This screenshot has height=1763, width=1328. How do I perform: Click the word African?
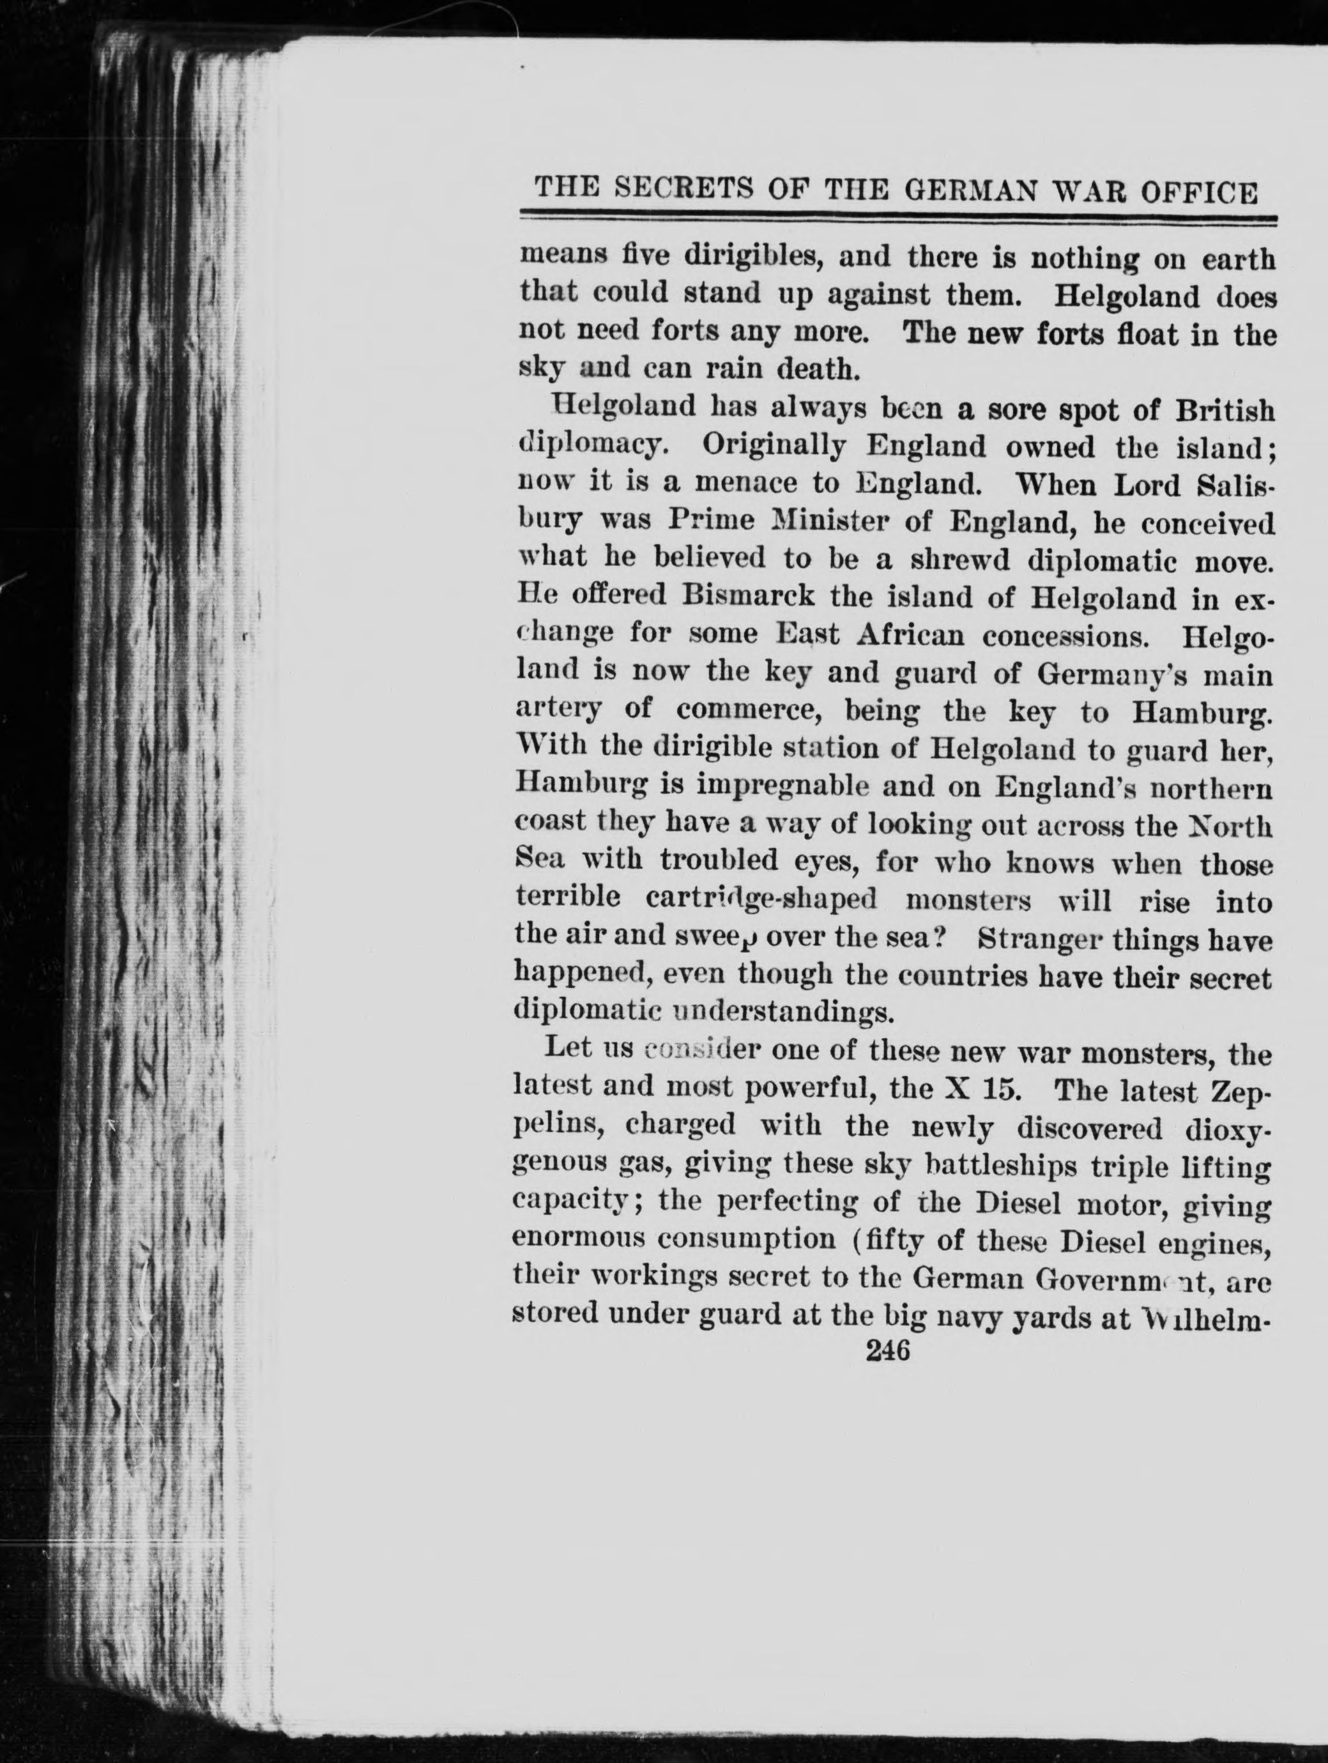point(909,634)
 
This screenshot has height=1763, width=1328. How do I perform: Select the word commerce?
point(749,708)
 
